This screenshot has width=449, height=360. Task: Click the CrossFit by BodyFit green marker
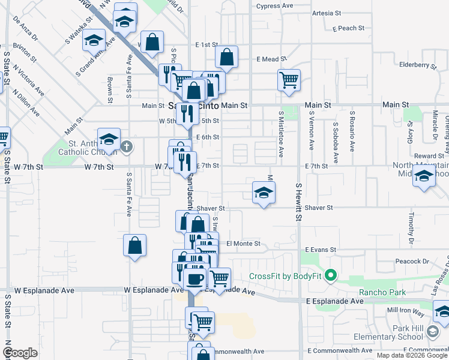coord(330,276)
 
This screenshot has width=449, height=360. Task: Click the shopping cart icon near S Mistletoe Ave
coord(289,80)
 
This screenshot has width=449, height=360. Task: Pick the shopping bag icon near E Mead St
coord(227,58)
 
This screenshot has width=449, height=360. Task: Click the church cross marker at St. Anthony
coord(127,145)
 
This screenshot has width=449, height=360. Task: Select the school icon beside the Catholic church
coord(109,139)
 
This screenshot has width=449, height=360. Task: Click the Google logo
coord(20,353)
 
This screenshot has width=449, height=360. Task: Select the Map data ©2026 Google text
coord(411,355)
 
